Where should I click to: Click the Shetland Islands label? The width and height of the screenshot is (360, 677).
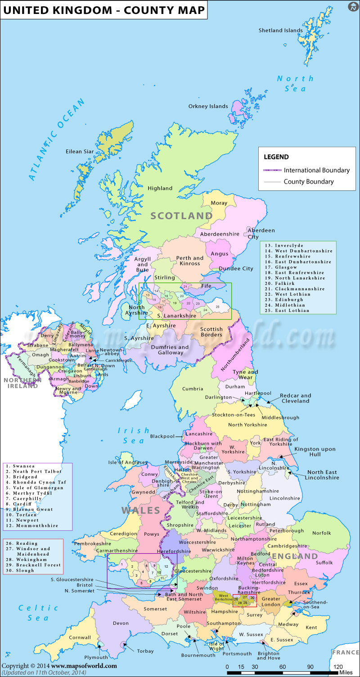[280, 31]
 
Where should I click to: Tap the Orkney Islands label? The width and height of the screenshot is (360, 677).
[208, 107]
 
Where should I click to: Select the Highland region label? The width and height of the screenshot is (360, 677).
[160, 188]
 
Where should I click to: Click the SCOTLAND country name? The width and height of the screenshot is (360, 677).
[181, 216]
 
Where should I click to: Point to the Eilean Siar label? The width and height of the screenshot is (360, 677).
[80, 152]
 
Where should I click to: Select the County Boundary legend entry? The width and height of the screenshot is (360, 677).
[309, 182]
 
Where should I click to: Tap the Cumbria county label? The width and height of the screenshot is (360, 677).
[193, 389]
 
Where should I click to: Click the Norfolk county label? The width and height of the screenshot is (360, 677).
[322, 533]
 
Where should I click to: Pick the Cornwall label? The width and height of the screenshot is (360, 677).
[80, 637]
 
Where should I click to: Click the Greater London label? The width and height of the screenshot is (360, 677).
[271, 601]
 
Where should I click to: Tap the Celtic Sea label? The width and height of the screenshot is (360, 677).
[38, 613]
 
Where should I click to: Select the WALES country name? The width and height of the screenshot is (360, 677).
[140, 511]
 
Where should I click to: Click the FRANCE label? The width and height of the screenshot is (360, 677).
[345, 652]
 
